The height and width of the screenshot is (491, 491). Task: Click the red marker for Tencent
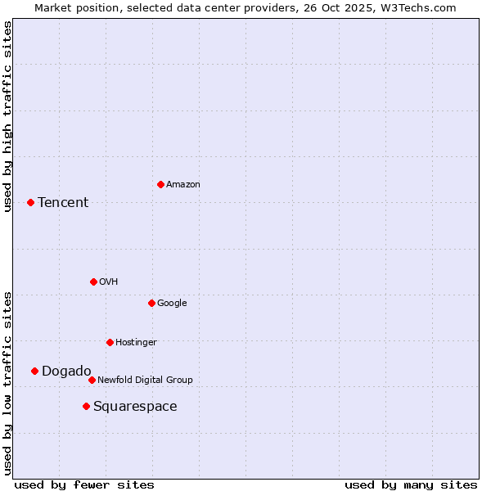[x=30, y=202]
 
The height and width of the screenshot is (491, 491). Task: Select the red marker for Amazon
[x=160, y=184]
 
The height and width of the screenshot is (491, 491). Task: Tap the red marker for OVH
[x=93, y=282]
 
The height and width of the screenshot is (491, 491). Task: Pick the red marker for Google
[x=151, y=303]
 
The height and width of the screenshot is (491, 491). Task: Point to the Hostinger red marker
[x=110, y=342]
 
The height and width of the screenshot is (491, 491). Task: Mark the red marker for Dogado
[x=34, y=371]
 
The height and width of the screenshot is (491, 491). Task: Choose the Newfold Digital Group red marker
[x=92, y=380]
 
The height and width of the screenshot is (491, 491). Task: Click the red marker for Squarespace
[x=86, y=406]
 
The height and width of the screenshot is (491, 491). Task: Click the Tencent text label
[x=63, y=203]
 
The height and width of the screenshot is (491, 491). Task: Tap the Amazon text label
[x=183, y=185]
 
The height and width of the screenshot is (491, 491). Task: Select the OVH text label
[x=109, y=282]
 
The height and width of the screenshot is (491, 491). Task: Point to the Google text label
[x=172, y=304]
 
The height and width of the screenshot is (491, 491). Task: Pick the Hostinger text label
[x=136, y=343]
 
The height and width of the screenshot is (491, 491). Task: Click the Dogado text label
[x=66, y=372]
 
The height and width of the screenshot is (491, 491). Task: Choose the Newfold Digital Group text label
[x=145, y=381]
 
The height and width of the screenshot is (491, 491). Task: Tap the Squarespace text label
[x=135, y=407]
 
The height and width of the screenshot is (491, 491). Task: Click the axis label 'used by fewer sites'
[x=84, y=484]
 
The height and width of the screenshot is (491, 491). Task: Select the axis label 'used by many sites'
[x=411, y=484]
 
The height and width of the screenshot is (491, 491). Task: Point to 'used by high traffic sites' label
[x=7, y=116]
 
